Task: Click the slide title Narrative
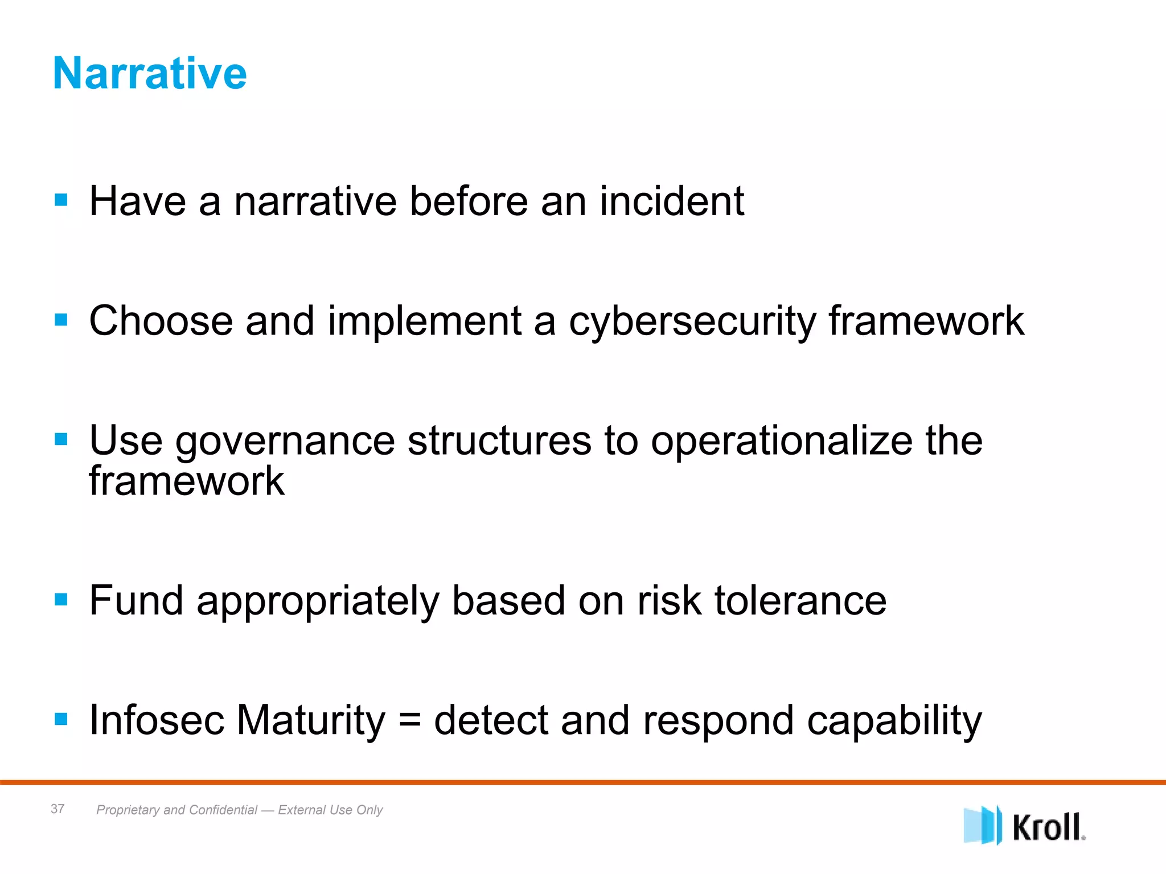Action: (150, 73)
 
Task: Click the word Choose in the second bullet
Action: (161, 321)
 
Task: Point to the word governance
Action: (285, 442)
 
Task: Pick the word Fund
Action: (136, 600)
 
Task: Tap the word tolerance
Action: (800, 601)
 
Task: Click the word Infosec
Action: (157, 720)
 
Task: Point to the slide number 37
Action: (58, 809)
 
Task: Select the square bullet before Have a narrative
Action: (61, 200)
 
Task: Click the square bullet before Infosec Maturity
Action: (61, 719)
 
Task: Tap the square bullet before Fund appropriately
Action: (61, 599)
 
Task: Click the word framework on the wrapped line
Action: (187, 481)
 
